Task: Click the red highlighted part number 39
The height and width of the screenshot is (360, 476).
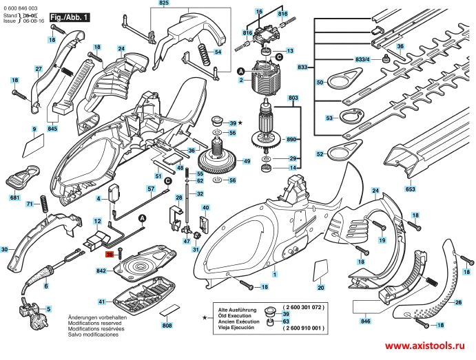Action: [x=109, y=254]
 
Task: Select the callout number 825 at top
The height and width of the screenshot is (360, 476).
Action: [x=163, y=4]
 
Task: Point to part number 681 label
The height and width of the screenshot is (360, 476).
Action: [x=14, y=198]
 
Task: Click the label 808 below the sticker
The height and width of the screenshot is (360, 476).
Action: [x=167, y=325]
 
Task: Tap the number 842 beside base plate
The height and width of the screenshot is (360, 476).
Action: [x=101, y=271]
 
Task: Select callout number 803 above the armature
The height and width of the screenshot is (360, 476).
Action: [x=293, y=98]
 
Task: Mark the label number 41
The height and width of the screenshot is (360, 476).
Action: [x=101, y=302]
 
